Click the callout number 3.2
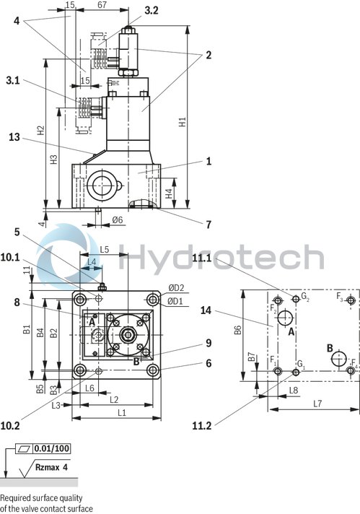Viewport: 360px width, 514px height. [x=152, y=10]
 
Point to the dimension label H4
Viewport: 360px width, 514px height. [x=169, y=193]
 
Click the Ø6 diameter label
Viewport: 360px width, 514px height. [x=117, y=220]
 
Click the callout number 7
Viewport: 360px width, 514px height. [x=208, y=225]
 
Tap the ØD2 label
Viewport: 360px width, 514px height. [x=177, y=288]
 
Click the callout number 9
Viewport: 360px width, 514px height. [x=208, y=344]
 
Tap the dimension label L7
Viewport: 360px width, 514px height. [x=317, y=402]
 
